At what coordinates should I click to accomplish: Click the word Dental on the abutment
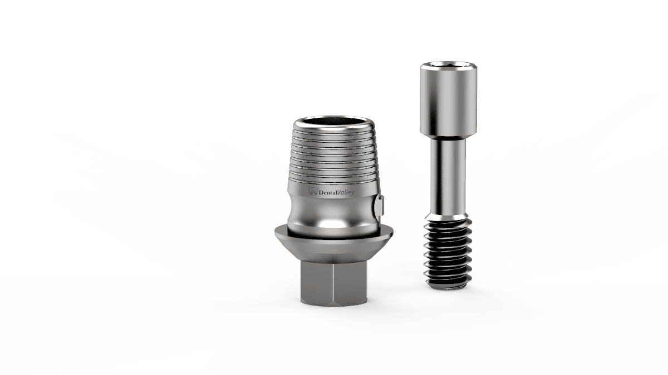[328, 192]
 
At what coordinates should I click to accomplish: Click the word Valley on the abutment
[346, 192]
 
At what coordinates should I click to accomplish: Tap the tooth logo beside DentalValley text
[313, 191]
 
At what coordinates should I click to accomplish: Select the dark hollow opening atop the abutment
[333, 122]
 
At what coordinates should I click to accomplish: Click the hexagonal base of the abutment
[333, 283]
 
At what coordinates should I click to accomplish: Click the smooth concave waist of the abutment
[333, 213]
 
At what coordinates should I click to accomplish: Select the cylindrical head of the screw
[449, 99]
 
